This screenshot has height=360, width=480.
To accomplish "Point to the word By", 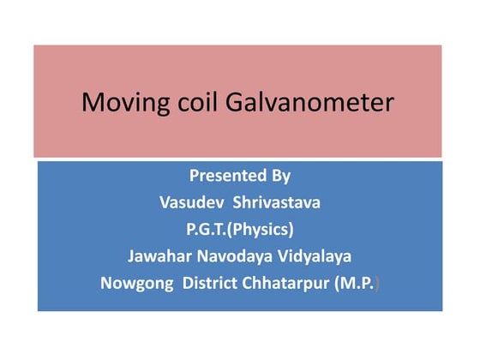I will (x=280, y=177).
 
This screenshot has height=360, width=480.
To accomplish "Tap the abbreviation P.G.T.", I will (x=210, y=229).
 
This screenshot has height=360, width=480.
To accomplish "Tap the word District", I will (x=213, y=282).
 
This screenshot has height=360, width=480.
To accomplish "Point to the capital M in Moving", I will (x=92, y=104).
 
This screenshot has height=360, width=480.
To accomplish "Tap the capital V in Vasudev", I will (x=165, y=202).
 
